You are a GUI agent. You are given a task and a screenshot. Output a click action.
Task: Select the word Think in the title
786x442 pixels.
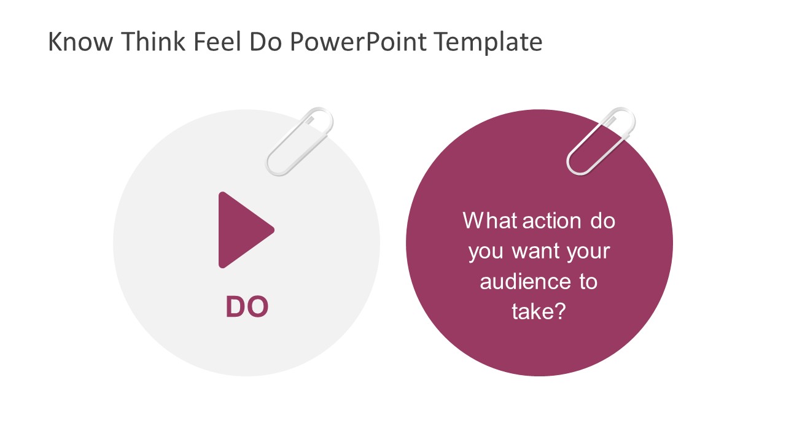pyautogui.click(x=156, y=42)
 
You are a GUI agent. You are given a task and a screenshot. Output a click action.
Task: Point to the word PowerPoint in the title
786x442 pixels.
pyautogui.click(x=359, y=42)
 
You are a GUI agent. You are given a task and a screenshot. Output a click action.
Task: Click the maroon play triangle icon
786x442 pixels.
pyautogui.click(x=241, y=230)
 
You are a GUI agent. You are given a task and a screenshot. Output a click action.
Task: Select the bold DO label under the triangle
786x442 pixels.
pyautogui.click(x=247, y=307)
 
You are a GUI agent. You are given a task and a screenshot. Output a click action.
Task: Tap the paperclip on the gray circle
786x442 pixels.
pyautogui.click(x=300, y=142)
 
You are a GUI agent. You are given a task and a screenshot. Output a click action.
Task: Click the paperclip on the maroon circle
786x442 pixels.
pyautogui.click(x=601, y=142)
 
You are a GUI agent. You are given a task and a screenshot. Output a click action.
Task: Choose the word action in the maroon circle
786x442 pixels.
pyautogui.click(x=552, y=220)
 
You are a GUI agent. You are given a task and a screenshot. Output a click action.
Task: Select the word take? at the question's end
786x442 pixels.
pyautogui.click(x=539, y=312)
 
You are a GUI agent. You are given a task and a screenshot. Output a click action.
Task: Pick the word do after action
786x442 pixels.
pyautogui.click(x=603, y=220)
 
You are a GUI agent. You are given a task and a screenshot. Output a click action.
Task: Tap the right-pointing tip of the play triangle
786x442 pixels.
pyautogui.click(x=273, y=230)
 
